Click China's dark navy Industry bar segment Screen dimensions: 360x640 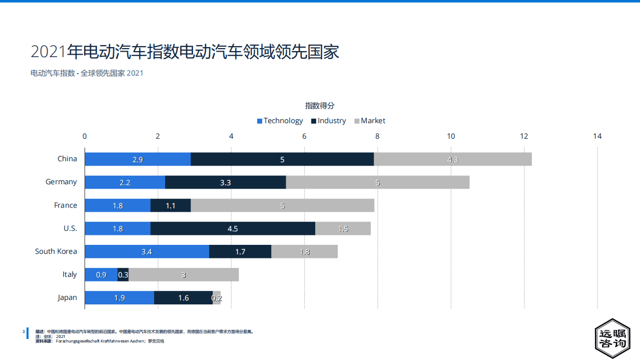[282, 159]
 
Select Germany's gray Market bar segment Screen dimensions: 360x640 [377, 182]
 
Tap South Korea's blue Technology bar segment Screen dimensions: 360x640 [147, 251]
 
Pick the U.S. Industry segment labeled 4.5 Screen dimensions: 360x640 [233, 228]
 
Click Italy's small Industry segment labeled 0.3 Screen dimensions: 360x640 [123, 274]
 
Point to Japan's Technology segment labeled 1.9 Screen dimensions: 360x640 [120, 298]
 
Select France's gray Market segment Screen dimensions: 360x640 [282, 205]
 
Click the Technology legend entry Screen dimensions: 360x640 [280, 121]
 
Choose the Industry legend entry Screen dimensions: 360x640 [328, 121]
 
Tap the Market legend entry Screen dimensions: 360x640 [370, 121]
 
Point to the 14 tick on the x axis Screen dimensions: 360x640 [597, 136]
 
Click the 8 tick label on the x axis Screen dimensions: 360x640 [377, 136]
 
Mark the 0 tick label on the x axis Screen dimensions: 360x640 [85, 136]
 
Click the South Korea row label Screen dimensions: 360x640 [56, 251]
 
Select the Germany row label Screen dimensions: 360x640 [61, 182]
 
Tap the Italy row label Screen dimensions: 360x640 [70, 274]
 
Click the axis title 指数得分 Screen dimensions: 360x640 [320, 106]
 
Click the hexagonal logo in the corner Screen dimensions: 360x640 [612, 338]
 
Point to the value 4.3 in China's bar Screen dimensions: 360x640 [452, 160]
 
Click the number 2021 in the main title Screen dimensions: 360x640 [49, 52]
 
